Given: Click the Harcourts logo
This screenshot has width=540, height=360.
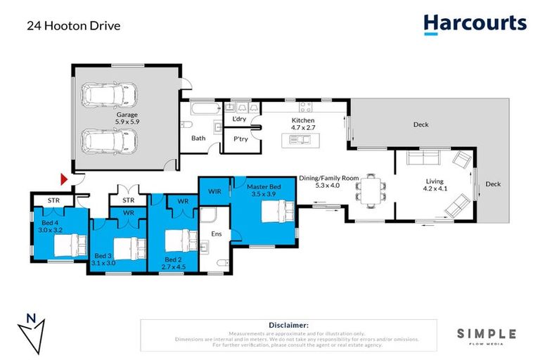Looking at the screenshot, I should [x=475, y=23].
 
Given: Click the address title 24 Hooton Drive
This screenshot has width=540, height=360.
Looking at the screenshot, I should [x=74, y=26].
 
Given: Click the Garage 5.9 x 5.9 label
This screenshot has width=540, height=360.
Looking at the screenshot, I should [x=127, y=118].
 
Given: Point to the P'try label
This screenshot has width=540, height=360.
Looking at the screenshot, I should [x=241, y=139].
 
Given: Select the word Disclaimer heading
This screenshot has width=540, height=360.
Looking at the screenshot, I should [x=289, y=325].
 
